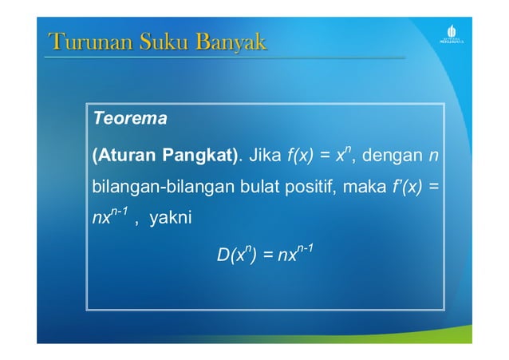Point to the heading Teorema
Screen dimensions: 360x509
click(129, 120)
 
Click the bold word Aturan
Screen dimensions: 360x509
click(125, 155)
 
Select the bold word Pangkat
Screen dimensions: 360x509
click(199, 155)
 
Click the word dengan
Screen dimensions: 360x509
click(391, 155)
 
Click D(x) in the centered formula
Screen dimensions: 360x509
click(235, 256)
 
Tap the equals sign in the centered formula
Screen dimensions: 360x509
click(268, 257)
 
